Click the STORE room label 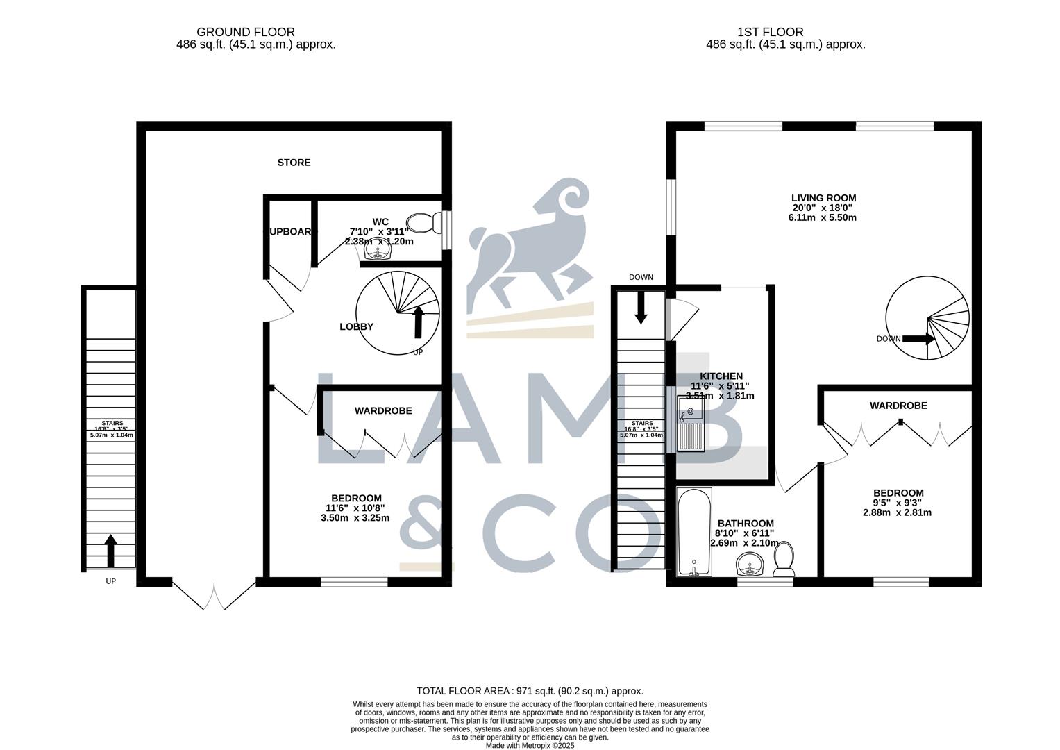click(x=294, y=162)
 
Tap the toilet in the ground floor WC click(x=424, y=222)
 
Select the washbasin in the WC click(x=378, y=254)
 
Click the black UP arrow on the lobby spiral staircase click(x=419, y=322)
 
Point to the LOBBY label click(x=356, y=326)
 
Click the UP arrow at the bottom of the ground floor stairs click(x=110, y=550)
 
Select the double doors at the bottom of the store click(x=214, y=594)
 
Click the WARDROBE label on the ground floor click(x=383, y=410)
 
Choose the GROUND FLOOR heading click(x=245, y=32)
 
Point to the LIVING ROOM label click(x=823, y=198)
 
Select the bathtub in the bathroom click(x=693, y=532)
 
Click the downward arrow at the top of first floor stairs click(x=640, y=307)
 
